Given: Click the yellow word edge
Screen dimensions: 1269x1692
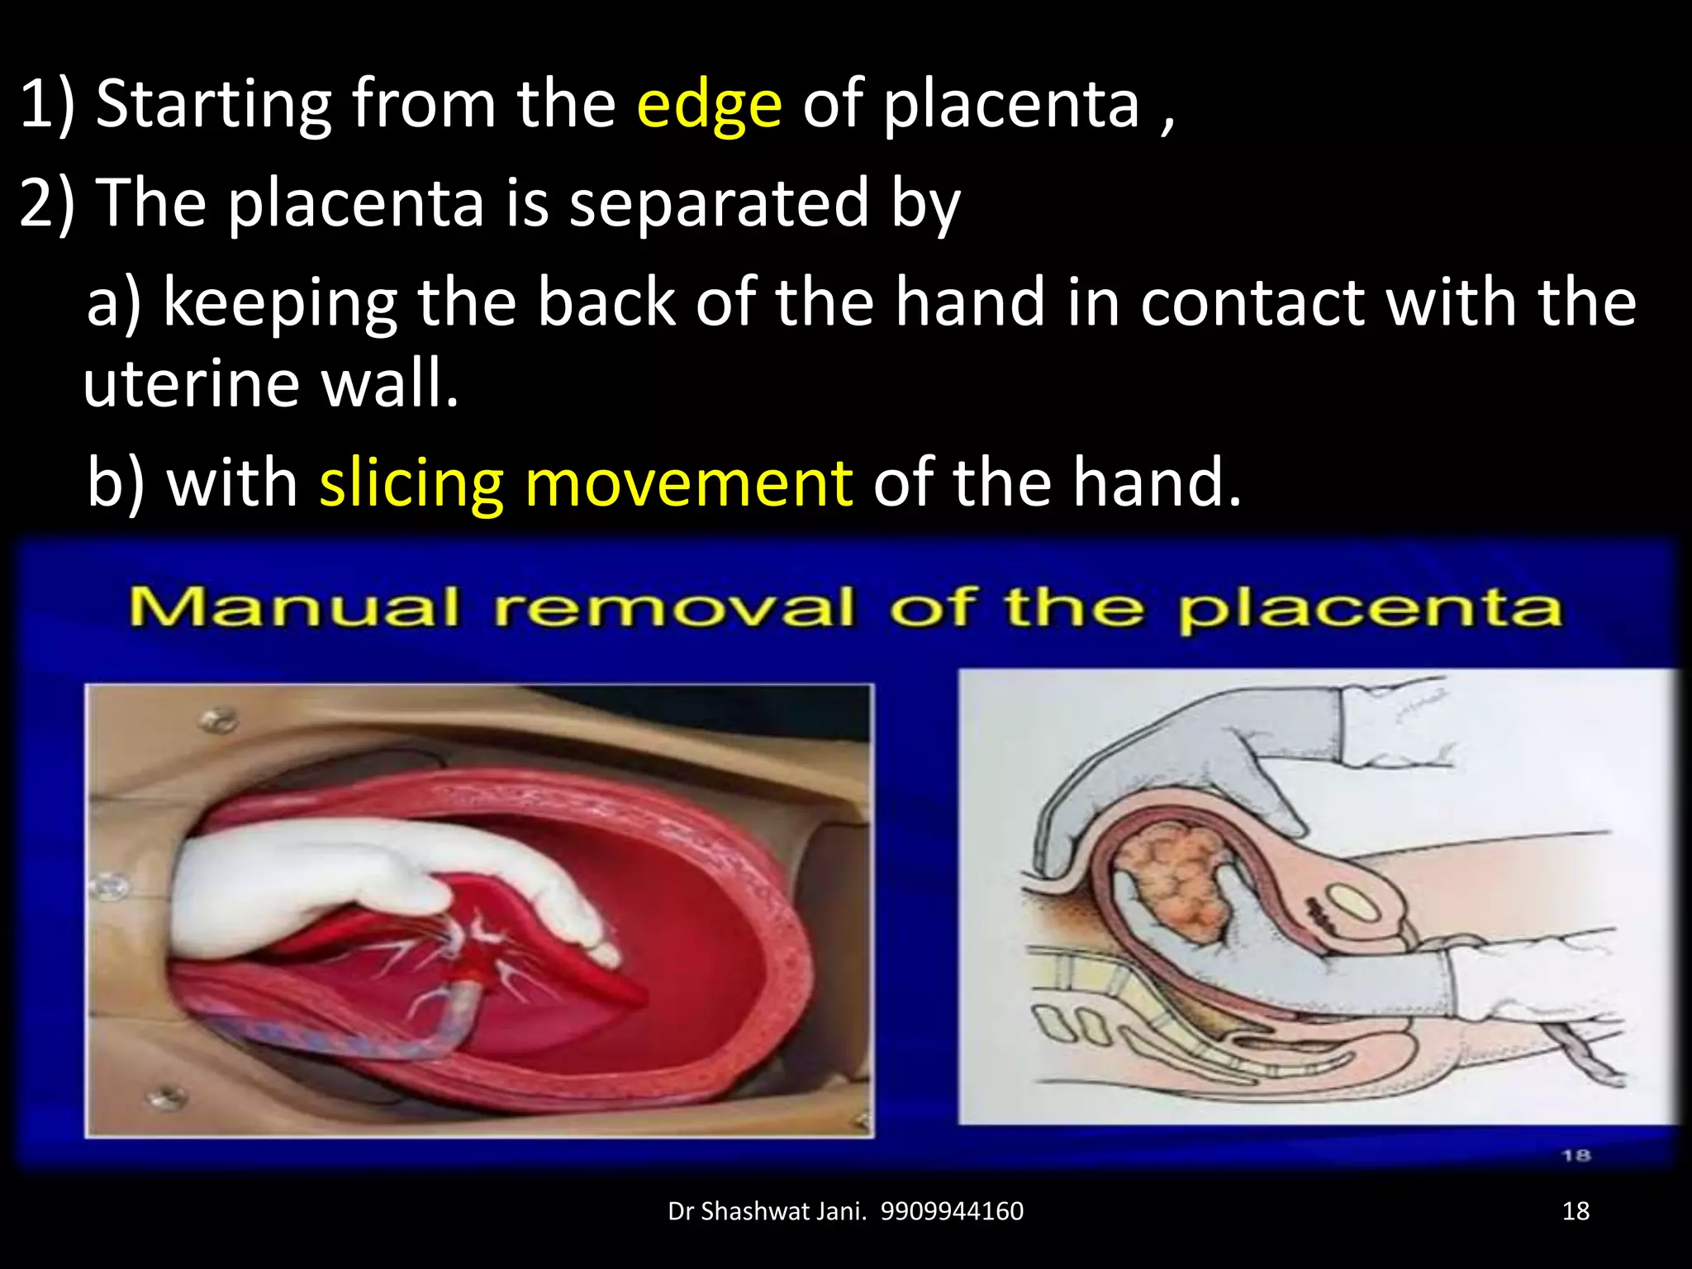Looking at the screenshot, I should pyautogui.click(x=709, y=105).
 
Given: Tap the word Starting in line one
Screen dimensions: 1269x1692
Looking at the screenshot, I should pyautogui.click(x=214, y=105).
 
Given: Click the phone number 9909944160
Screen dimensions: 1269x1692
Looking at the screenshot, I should pyautogui.click(x=952, y=1211).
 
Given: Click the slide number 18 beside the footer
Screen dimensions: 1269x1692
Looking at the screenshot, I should pyautogui.click(x=1576, y=1211).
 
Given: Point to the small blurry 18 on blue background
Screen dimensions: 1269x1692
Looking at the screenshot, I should pyautogui.click(x=1576, y=1156).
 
